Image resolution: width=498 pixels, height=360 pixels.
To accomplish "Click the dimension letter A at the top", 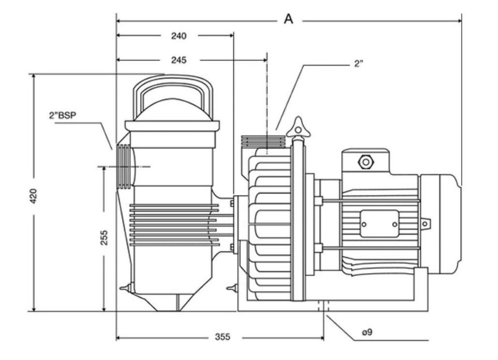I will pos(288,19).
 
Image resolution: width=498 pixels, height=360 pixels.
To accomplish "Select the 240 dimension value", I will pos(178,36).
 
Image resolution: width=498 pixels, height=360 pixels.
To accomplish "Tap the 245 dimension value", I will pos(178,60).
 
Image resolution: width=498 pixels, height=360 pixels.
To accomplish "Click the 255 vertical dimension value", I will pos(104,238).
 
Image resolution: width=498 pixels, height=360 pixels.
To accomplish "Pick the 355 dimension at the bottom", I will pos(222,337).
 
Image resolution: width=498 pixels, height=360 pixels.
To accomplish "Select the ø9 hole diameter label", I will pos(366,332).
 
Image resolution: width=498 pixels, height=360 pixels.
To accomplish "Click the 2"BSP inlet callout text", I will pos(63,116).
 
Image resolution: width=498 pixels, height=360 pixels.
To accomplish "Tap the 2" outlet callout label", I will pos(358,64).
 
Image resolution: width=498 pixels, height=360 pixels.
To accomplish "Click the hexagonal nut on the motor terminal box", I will pos(366,162).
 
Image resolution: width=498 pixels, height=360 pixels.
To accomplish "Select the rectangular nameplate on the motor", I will pos(379,224).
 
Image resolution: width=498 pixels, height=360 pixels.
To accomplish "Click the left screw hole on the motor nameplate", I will pos(364,224).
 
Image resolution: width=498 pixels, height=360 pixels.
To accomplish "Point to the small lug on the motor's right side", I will pos(425,224).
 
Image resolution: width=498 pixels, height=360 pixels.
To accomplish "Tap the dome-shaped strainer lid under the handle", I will pos(173,110).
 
